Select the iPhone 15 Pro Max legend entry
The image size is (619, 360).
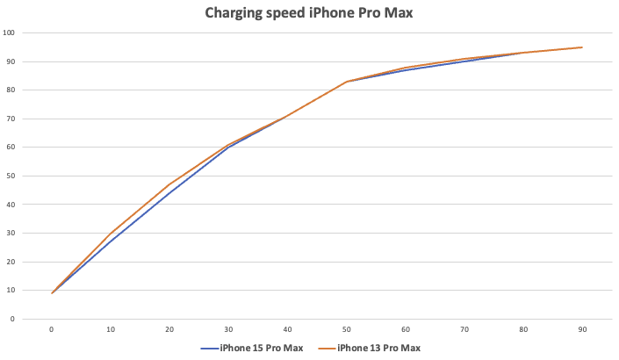point(258,348)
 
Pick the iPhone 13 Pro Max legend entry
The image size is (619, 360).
point(376,348)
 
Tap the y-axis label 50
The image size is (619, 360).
point(11,176)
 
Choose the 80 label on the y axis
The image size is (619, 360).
point(11,90)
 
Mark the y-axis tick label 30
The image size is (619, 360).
point(11,233)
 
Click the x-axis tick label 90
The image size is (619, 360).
point(581,329)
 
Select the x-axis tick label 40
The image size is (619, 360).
point(287,329)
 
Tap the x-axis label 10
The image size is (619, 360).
point(111,329)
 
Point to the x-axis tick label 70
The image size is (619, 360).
point(464,329)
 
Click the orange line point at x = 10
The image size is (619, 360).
point(111,233)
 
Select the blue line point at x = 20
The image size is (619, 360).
point(169,192)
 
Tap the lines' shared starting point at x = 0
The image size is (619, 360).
point(52,293)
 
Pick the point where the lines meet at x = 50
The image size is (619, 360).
point(346,82)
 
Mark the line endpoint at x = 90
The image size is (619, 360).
point(581,47)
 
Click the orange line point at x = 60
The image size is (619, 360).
point(405,68)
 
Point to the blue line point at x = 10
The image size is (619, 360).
point(111,240)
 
